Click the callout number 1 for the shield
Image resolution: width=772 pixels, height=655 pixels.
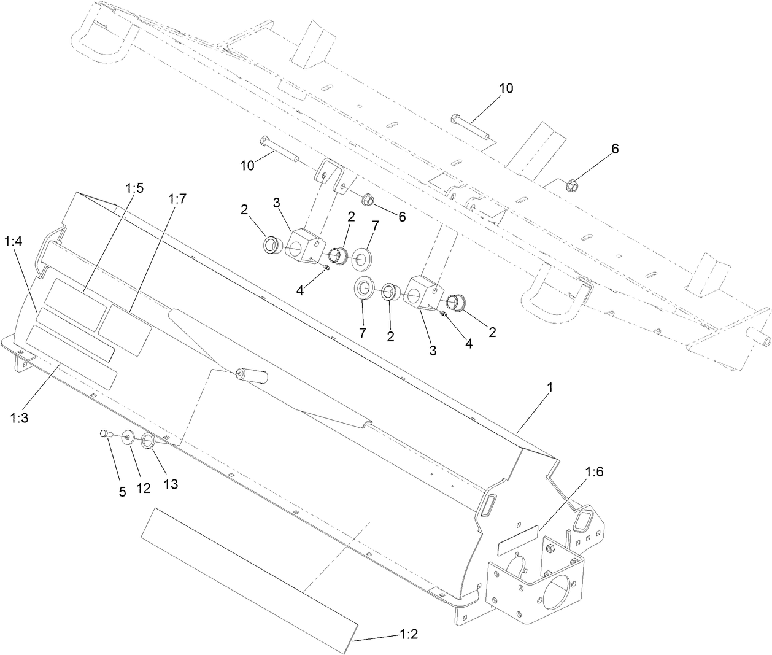coord(550,387)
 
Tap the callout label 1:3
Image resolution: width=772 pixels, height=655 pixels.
coord(19,417)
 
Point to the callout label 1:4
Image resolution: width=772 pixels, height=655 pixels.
coord(13,242)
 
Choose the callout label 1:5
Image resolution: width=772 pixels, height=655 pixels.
coord(134,188)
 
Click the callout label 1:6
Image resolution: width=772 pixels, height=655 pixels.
coord(595,472)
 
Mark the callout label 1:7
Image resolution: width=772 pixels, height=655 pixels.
coord(177,198)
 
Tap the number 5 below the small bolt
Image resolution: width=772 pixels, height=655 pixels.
coord(122,492)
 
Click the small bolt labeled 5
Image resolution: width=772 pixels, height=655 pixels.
coord(104,434)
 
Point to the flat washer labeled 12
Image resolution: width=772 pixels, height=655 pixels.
coord(129,438)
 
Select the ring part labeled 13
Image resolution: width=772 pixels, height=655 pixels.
coord(148,441)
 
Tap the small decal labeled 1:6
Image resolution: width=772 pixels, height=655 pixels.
coord(518,536)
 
